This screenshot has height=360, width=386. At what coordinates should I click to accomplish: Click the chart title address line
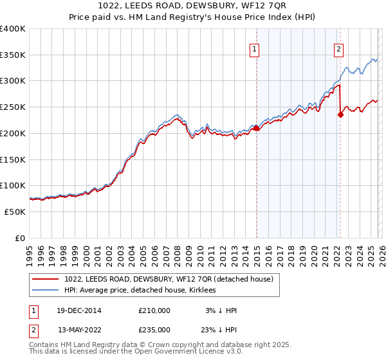[193, 6]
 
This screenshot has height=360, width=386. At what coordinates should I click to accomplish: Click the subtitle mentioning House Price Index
[193, 17]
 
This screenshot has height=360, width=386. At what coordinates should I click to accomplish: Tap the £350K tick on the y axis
[13, 55]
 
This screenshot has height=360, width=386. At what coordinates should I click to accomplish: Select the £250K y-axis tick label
[13, 107]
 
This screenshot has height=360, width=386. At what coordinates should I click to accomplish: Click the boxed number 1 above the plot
[254, 48]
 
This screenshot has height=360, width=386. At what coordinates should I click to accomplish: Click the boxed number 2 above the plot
[338, 48]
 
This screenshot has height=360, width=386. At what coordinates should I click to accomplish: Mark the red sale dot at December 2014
[256, 128]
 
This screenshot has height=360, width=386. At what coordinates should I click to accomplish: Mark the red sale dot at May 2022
[340, 115]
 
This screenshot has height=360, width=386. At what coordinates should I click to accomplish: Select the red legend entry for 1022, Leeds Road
[169, 279]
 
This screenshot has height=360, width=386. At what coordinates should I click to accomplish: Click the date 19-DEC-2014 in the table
[79, 310]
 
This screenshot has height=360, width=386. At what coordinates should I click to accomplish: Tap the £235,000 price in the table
[154, 329]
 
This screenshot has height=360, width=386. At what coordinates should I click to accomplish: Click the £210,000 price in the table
[154, 310]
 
